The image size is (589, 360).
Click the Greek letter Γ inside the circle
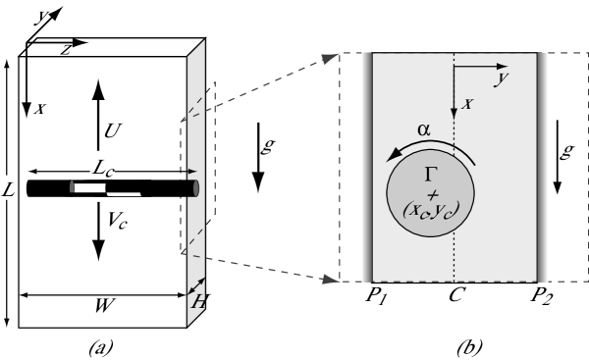coord(430,175)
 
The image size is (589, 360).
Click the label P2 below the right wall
coord(541,294)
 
